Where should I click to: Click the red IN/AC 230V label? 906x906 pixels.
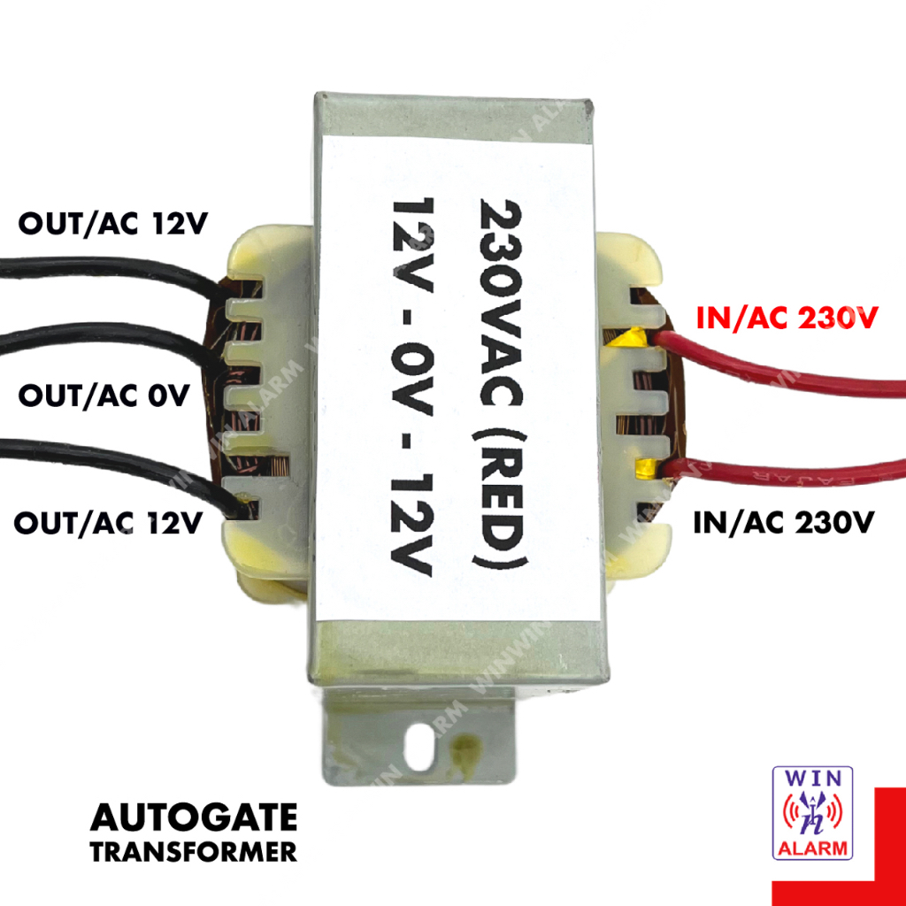787,318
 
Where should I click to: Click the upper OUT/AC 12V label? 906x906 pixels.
111,226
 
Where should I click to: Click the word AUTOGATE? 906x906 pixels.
193,818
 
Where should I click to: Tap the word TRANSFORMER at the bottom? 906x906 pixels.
193,852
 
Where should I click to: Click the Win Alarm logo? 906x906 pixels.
812,812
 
